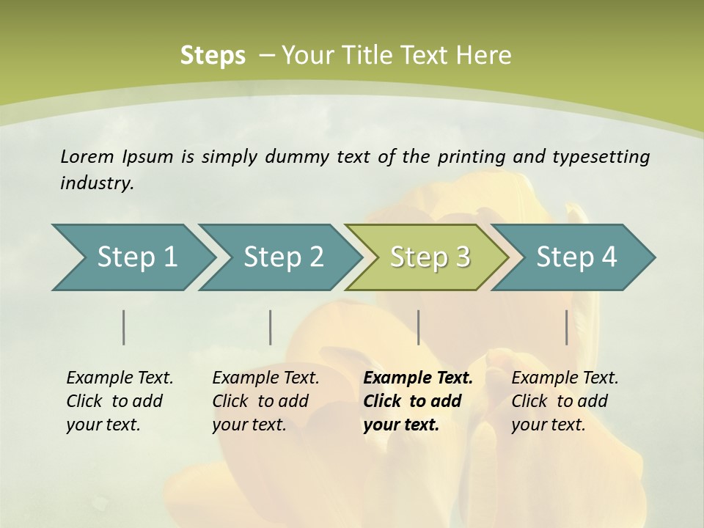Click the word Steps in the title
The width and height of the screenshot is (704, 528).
(x=213, y=55)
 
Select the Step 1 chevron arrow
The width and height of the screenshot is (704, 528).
(x=137, y=257)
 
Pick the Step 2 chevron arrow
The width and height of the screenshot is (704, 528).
(x=283, y=257)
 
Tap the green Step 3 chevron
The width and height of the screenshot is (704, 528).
(x=430, y=257)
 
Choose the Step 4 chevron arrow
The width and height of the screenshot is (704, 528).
(x=576, y=257)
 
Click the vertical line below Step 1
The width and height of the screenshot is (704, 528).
(x=124, y=327)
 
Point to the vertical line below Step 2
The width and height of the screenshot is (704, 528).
(x=271, y=327)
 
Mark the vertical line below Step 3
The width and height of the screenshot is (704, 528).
(x=418, y=327)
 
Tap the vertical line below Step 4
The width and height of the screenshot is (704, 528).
(x=567, y=327)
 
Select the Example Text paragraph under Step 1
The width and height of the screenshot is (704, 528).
(x=120, y=400)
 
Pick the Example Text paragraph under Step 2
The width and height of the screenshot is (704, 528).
(x=265, y=400)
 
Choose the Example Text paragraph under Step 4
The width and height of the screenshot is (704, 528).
(x=565, y=400)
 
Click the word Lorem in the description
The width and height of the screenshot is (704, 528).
(x=87, y=156)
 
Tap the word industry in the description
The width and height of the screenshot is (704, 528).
(x=95, y=183)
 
